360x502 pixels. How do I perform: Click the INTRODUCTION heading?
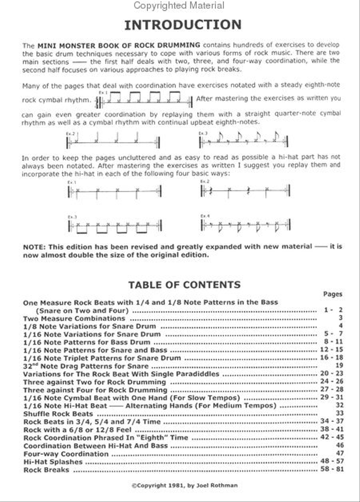(x=183, y=25)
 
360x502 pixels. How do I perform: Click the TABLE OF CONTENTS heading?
(x=184, y=285)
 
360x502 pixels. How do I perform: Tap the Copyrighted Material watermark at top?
(x=179, y=6)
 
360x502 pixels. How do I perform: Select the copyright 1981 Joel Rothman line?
(x=184, y=485)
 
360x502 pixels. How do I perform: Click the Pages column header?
(x=332, y=294)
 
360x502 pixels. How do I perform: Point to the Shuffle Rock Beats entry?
(x=58, y=414)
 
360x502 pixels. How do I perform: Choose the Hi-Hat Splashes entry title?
(x=53, y=462)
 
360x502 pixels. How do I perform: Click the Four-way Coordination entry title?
(x=66, y=454)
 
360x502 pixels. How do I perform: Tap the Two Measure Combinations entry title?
(x=74, y=318)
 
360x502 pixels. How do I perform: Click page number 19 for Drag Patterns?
(x=340, y=366)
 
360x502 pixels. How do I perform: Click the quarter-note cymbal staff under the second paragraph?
(x=112, y=141)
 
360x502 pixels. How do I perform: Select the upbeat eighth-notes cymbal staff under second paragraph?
(x=243, y=140)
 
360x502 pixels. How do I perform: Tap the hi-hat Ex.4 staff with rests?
(x=245, y=225)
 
